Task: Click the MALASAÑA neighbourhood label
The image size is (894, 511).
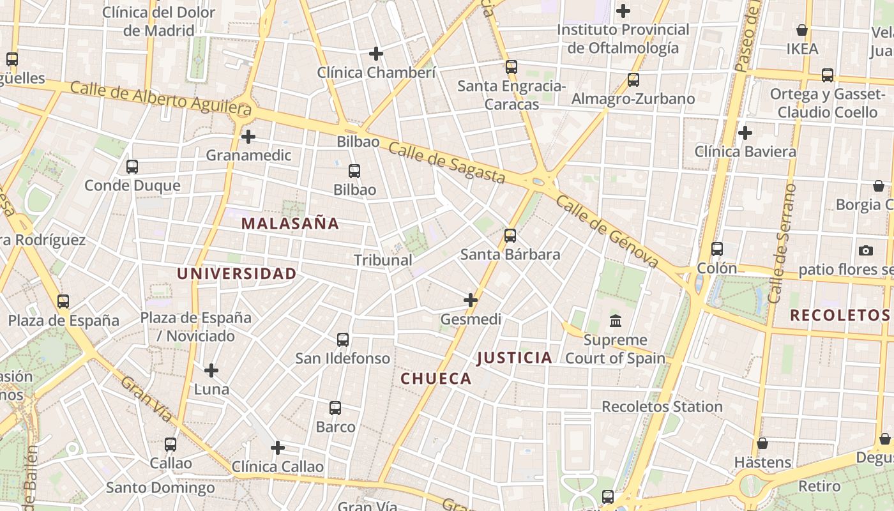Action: [x=291, y=224]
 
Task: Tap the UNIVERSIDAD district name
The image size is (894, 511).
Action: [x=236, y=274]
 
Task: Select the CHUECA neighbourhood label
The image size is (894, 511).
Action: [x=436, y=379]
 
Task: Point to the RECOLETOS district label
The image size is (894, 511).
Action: [x=840, y=315]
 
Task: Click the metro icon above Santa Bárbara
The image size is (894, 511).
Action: [x=510, y=236]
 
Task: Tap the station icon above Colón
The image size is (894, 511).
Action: [x=717, y=249]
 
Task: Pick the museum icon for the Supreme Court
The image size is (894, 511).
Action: [x=616, y=321]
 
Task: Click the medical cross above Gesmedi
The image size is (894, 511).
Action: [x=471, y=300]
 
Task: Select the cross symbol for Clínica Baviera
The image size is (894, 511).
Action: [x=745, y=133]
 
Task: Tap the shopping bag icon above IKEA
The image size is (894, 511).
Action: [x=802, y=30]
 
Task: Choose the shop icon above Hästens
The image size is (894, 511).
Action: [x=762, y=443]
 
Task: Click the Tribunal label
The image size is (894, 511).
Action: [x=383, y=260]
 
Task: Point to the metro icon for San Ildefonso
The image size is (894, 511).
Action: [x=343, y=339]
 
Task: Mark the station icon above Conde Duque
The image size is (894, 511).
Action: [x=132, y=167]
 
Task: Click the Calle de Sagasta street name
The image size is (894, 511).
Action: [x=446, y=163]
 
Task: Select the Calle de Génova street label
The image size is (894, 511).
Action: [x=607, y=231]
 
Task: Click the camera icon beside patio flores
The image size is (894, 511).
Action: [x=866, y=250]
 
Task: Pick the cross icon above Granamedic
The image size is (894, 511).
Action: [x=248, y=137]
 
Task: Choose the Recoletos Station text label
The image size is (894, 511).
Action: [x=662, y=406]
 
